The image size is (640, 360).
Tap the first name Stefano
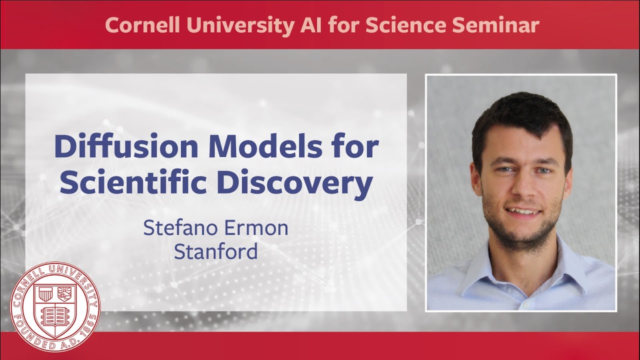(x=180, y=228)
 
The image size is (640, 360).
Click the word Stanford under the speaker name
(x=215, y=251)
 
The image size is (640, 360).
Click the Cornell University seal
(x=55, y=306)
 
